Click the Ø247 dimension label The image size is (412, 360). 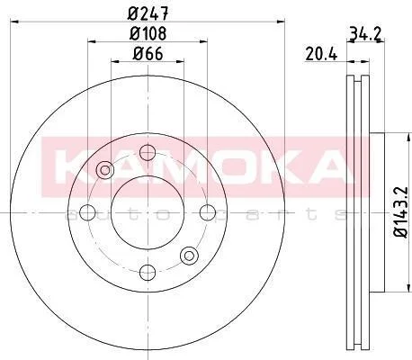click(148, 13)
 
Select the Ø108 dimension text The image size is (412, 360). click(148, 33)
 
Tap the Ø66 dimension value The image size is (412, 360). click(148, 54)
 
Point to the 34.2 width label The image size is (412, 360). click(365, 34)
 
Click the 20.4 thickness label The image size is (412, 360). click(321, 55)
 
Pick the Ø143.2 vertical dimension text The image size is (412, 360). click(401, 212)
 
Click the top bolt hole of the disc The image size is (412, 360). click(148, 152)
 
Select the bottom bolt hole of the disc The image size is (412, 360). click(148, 273)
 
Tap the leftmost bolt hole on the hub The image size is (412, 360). click(87, 212)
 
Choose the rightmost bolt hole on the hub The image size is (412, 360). click(208, 212)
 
